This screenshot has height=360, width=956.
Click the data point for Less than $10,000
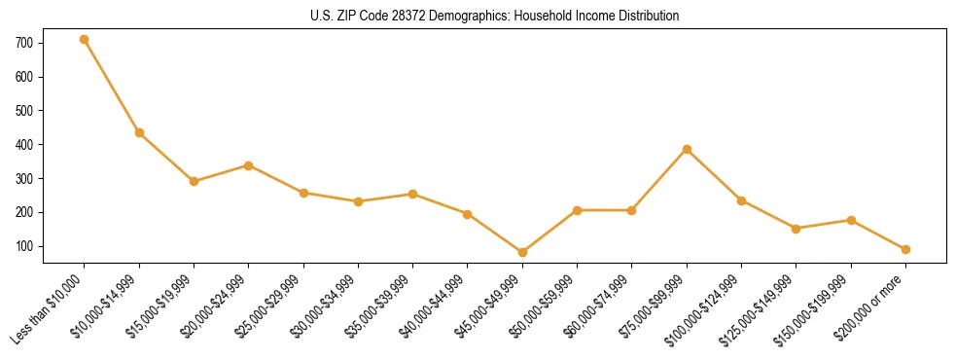click(85, 40)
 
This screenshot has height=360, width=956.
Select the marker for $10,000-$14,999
click(139, 132)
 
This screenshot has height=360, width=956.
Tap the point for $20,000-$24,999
click(249, 165)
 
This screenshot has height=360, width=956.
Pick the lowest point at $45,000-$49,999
click(522, 252)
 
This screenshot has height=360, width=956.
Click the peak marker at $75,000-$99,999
click(687, 149)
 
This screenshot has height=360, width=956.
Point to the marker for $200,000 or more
click(905, 249)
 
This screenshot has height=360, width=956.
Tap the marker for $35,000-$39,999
click(413, 194)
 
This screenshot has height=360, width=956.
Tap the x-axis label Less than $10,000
click(48, 308)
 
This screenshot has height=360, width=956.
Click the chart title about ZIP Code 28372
click(495, 16)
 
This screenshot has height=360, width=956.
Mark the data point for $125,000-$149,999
click(797, 229)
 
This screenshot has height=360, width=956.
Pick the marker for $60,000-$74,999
click(632, 210)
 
